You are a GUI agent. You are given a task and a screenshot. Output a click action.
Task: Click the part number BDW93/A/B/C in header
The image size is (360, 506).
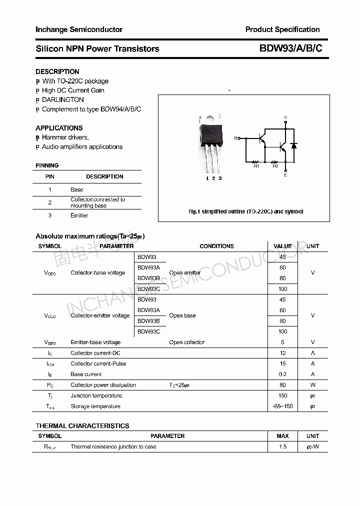[290, 48]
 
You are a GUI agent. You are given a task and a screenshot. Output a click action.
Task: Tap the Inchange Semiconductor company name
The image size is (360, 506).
[78, 29]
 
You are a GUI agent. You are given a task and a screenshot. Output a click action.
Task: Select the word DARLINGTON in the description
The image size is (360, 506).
[63, 99]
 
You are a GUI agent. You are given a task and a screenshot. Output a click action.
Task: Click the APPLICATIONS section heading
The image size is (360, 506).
[59, 128]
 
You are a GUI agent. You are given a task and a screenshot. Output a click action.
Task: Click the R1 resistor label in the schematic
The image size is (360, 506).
[256, 166]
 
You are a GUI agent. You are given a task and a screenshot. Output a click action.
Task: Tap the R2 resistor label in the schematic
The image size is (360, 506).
[275, 166]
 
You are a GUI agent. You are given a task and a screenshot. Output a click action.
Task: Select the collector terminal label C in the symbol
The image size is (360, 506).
[285, 117]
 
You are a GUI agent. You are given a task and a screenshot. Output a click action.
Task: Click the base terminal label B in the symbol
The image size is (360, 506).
[236, 138]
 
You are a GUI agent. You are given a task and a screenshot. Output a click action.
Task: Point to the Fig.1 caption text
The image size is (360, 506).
[245, 211]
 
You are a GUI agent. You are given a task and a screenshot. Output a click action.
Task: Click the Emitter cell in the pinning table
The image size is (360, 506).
[79, 215]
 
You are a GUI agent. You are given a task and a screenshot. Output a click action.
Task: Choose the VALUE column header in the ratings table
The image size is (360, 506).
[282, 246]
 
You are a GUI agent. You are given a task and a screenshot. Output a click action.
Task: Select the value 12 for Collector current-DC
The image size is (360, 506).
[282, 353]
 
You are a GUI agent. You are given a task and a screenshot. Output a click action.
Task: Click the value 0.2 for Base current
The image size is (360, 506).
[282, 374]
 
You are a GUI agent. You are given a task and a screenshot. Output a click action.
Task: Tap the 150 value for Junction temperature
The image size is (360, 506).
[282, 395]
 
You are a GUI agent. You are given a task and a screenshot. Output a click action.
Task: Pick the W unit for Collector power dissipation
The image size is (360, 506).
[312, 385]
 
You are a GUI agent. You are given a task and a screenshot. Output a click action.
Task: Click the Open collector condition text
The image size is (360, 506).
[186, 342]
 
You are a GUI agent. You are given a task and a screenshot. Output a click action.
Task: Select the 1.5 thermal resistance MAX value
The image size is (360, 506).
[282, 446]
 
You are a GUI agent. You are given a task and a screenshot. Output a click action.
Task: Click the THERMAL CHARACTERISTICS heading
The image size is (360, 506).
[82, 426]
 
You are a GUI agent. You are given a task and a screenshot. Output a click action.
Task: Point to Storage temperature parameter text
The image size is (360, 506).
[95, 406]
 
